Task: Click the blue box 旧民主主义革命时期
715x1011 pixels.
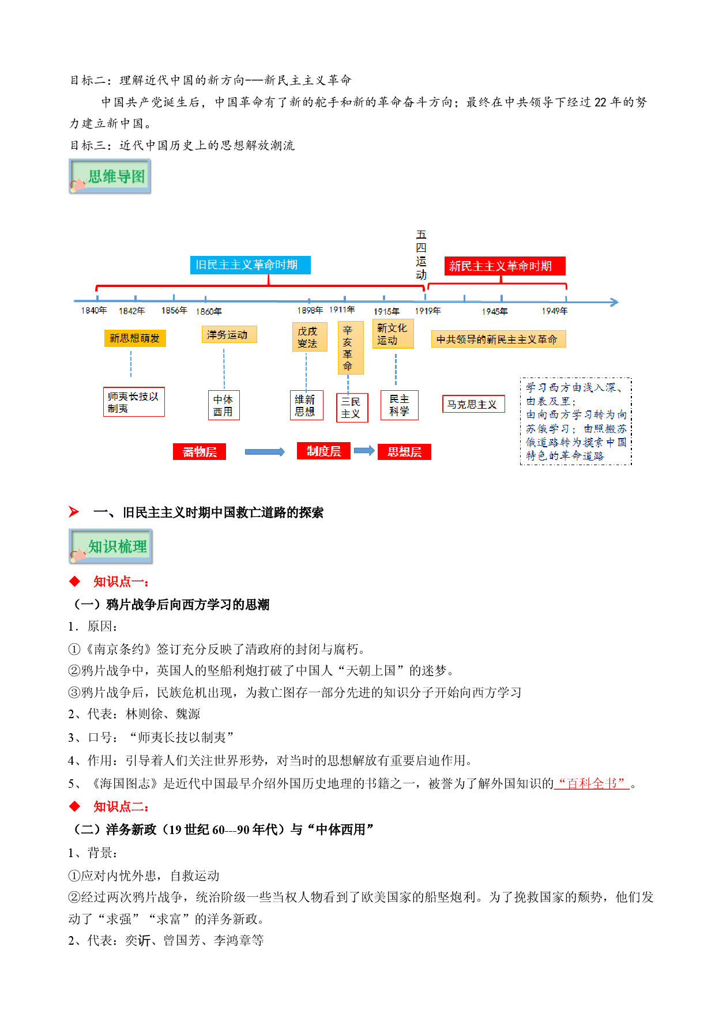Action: coord(250,265)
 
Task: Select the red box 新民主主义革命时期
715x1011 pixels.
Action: coord(505,266)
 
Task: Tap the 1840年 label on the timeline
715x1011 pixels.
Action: coord(94,311)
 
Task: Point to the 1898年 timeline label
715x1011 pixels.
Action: coord(310,311)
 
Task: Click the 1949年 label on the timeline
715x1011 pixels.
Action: coord(555,311)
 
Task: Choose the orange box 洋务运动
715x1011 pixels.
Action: coord(229,335)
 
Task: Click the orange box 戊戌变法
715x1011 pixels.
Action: coord(309,337)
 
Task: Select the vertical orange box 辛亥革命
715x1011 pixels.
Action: coord(350,348)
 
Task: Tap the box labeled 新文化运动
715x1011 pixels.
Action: coord(393,334)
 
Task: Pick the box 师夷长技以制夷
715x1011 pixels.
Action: coord(134,402)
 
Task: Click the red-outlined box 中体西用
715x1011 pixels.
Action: coord(224,405)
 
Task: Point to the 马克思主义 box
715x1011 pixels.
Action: coord(473,404)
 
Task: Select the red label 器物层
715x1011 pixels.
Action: coord(200,452)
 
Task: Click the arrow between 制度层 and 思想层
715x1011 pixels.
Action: coord(364,451)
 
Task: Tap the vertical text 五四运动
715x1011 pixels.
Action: coord(422,254)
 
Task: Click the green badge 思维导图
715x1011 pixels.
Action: coord(110,176)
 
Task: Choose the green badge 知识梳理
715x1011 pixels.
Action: coord(111,546)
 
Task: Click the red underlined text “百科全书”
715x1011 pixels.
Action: coord(592,783)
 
